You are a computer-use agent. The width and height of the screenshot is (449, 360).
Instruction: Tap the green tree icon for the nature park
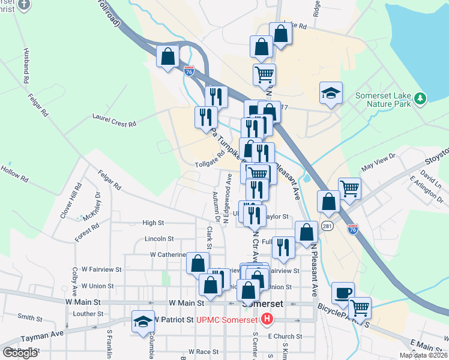point(421,98)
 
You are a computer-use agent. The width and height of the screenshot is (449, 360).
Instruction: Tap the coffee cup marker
point(343,293)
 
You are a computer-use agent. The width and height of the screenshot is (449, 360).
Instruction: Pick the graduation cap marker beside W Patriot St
point(144,321)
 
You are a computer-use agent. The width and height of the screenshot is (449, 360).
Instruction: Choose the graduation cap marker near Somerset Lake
point(331,94)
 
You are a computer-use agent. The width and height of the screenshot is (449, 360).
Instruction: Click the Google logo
point(20,353)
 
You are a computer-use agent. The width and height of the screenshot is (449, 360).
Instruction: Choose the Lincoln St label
point(158,238)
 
